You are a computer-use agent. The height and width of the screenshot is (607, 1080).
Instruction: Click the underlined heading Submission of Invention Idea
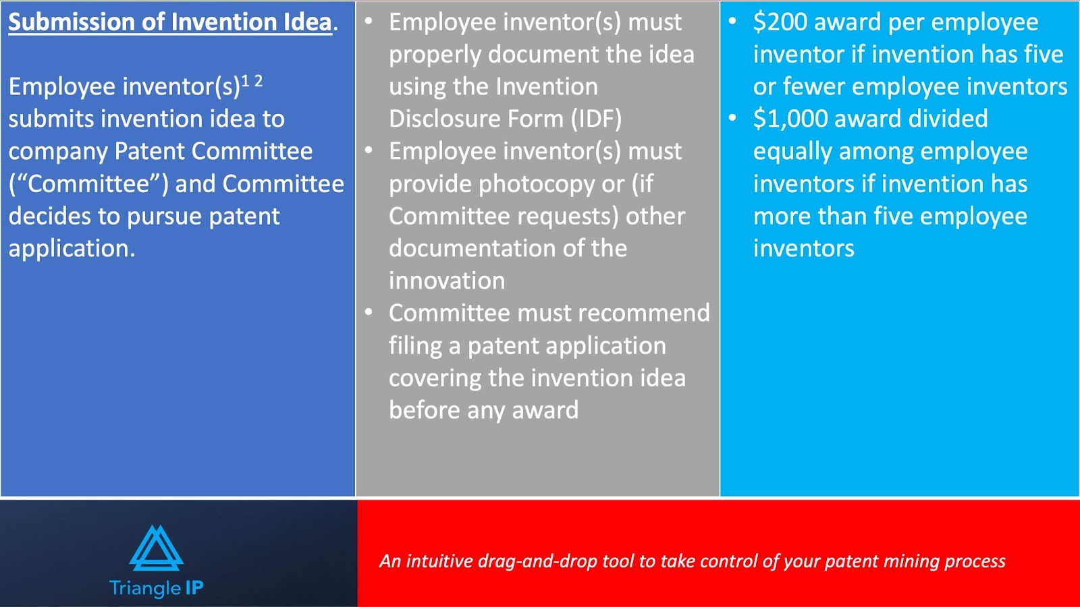[x=170, y=23]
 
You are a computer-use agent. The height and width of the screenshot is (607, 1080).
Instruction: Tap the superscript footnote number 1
[x=246, y=81]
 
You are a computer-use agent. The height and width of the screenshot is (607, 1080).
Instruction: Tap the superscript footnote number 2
[x=259, y=81]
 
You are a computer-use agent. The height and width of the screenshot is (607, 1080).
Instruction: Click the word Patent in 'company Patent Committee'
[x=149, y=151]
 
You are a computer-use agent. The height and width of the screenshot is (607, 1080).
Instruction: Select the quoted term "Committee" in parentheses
[x=88, y=184]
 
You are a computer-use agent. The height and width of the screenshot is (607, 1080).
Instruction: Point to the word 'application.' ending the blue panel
[x=72, y=249]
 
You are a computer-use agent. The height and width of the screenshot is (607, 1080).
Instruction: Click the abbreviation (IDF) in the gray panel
[x=597, y=119]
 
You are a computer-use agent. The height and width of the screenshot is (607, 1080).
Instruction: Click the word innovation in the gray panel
[x=447, y=281]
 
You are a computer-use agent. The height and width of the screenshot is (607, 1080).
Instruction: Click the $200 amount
[x=780, y=23]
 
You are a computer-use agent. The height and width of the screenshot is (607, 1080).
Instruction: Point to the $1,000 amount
[x=790, y=119]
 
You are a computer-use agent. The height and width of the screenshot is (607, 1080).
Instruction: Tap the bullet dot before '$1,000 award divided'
[x=732, y=118]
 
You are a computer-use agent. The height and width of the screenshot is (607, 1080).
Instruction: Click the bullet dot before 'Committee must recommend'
[x=369, y=312]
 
